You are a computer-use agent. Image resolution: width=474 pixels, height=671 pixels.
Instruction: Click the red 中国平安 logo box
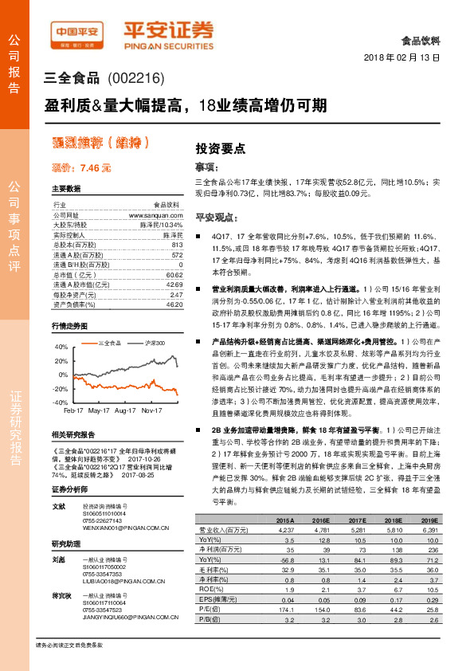coord(77,33)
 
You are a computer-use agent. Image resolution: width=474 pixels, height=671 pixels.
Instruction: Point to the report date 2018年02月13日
coord(406,58)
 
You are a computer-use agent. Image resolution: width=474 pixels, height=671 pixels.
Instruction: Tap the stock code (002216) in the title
coord(137,78)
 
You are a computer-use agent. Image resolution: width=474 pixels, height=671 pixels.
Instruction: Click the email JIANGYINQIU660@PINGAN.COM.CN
coord(119,617)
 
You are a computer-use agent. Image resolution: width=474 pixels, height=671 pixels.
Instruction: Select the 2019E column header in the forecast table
coord(429,520)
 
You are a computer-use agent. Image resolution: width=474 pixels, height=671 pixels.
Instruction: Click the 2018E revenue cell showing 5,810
coord(394,528)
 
